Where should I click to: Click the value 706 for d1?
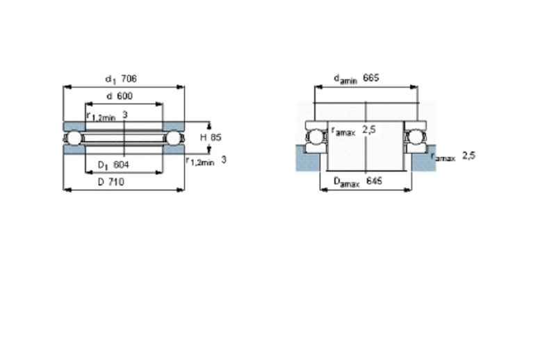129,79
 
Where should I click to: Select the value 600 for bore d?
124,96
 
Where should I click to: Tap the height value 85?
215,138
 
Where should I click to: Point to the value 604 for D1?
121,165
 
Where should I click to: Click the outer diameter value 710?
116,182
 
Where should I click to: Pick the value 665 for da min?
371,78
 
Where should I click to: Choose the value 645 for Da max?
374,181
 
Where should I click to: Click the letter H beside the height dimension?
204,138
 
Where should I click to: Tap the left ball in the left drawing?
74,138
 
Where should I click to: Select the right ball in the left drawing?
174,138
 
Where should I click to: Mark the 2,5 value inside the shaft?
369,130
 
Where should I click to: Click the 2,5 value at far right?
468,156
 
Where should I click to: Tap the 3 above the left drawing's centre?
125,115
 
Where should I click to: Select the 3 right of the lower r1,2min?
224,160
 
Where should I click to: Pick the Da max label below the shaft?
347,182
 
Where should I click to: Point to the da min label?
345,79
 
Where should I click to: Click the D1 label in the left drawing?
103,165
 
